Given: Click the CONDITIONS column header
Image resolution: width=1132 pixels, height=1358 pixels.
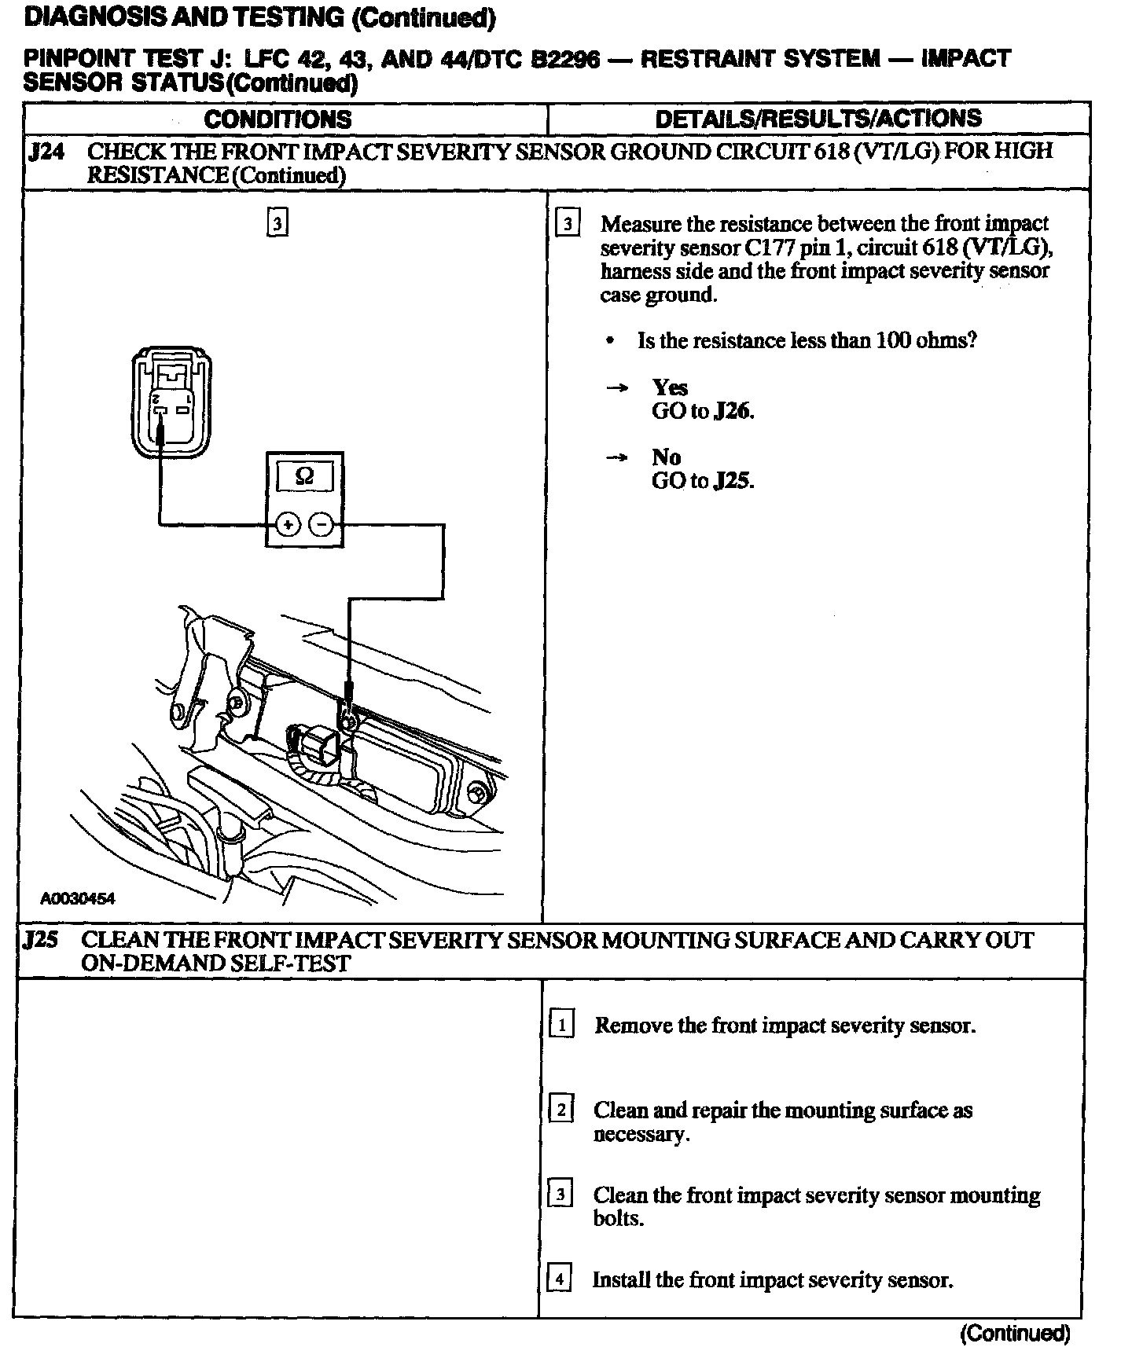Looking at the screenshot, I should pyautogui.click(x=277, y=119).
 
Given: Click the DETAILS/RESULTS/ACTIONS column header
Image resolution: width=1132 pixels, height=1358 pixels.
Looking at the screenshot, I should pyautogui.click(x=818, y=119).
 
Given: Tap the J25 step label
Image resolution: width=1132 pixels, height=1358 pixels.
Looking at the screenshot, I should pyautogui.click(x=41, y=940).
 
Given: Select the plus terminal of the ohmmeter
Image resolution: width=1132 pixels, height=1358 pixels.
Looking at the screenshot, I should pyautogui.click(x=288, y=524).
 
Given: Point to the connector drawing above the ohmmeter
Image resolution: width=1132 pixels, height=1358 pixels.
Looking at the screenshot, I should pyautogui.click(x=171, y=402).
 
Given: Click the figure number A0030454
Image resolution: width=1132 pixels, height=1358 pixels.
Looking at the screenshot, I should pyautogui.click(x=78, y=898).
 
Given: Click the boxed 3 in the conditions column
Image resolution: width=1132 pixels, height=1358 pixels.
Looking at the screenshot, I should pyautogui.click(x=277, y=224).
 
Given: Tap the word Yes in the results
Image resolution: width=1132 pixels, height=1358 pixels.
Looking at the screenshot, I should pyautogui.click(x=670, y=387).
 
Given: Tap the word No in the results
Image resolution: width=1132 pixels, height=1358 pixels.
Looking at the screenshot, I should pyautogui.click(x=666, y=457).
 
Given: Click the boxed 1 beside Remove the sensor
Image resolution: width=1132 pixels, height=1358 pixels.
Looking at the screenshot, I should pyautogui.click(x=561, y=1026).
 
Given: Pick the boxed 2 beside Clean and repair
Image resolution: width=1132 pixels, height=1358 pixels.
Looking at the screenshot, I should pyautogui.click(x=560, y=1110).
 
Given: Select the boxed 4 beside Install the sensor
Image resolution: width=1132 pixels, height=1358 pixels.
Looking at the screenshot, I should pyautogui.click(x=559, y=1279).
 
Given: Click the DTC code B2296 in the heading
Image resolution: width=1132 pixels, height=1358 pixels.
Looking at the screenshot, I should pyautogui.click(x=565, y=60).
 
